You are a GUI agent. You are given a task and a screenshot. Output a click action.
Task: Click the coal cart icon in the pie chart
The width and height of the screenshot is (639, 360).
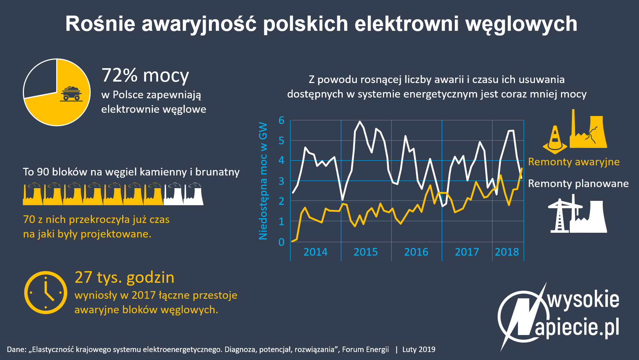[71, 94]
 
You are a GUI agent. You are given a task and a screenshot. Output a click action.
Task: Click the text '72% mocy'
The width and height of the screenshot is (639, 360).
[145, 75]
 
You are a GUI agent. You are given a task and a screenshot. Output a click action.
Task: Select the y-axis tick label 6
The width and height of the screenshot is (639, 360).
[281, 120]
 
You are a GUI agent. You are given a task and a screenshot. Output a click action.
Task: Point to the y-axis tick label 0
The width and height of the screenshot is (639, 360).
[281, 242]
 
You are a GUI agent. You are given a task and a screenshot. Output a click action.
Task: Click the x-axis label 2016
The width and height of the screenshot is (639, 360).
[416, 252]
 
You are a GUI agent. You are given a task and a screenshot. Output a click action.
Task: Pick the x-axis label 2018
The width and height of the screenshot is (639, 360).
[507, 252]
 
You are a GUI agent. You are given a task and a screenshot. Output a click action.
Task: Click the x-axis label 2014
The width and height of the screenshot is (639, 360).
[316, 252]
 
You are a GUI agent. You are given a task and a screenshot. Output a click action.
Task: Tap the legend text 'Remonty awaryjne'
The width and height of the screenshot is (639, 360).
[574, 162]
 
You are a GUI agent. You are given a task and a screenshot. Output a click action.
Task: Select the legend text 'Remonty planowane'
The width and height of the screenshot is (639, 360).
[578, 183]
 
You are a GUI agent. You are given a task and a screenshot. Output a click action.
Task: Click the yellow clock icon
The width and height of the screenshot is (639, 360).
[46, 292]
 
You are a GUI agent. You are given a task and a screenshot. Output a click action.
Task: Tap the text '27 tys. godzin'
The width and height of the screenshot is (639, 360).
[124, 277]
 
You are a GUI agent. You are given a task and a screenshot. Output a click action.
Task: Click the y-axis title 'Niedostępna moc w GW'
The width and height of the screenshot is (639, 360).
[263, 181]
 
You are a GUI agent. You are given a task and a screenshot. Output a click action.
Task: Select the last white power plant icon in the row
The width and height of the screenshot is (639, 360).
[194, 194]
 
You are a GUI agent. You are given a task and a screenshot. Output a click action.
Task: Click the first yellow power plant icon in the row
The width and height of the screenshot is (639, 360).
[33, 194]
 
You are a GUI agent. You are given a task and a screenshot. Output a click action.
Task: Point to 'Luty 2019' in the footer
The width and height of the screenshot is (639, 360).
[419, 349]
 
